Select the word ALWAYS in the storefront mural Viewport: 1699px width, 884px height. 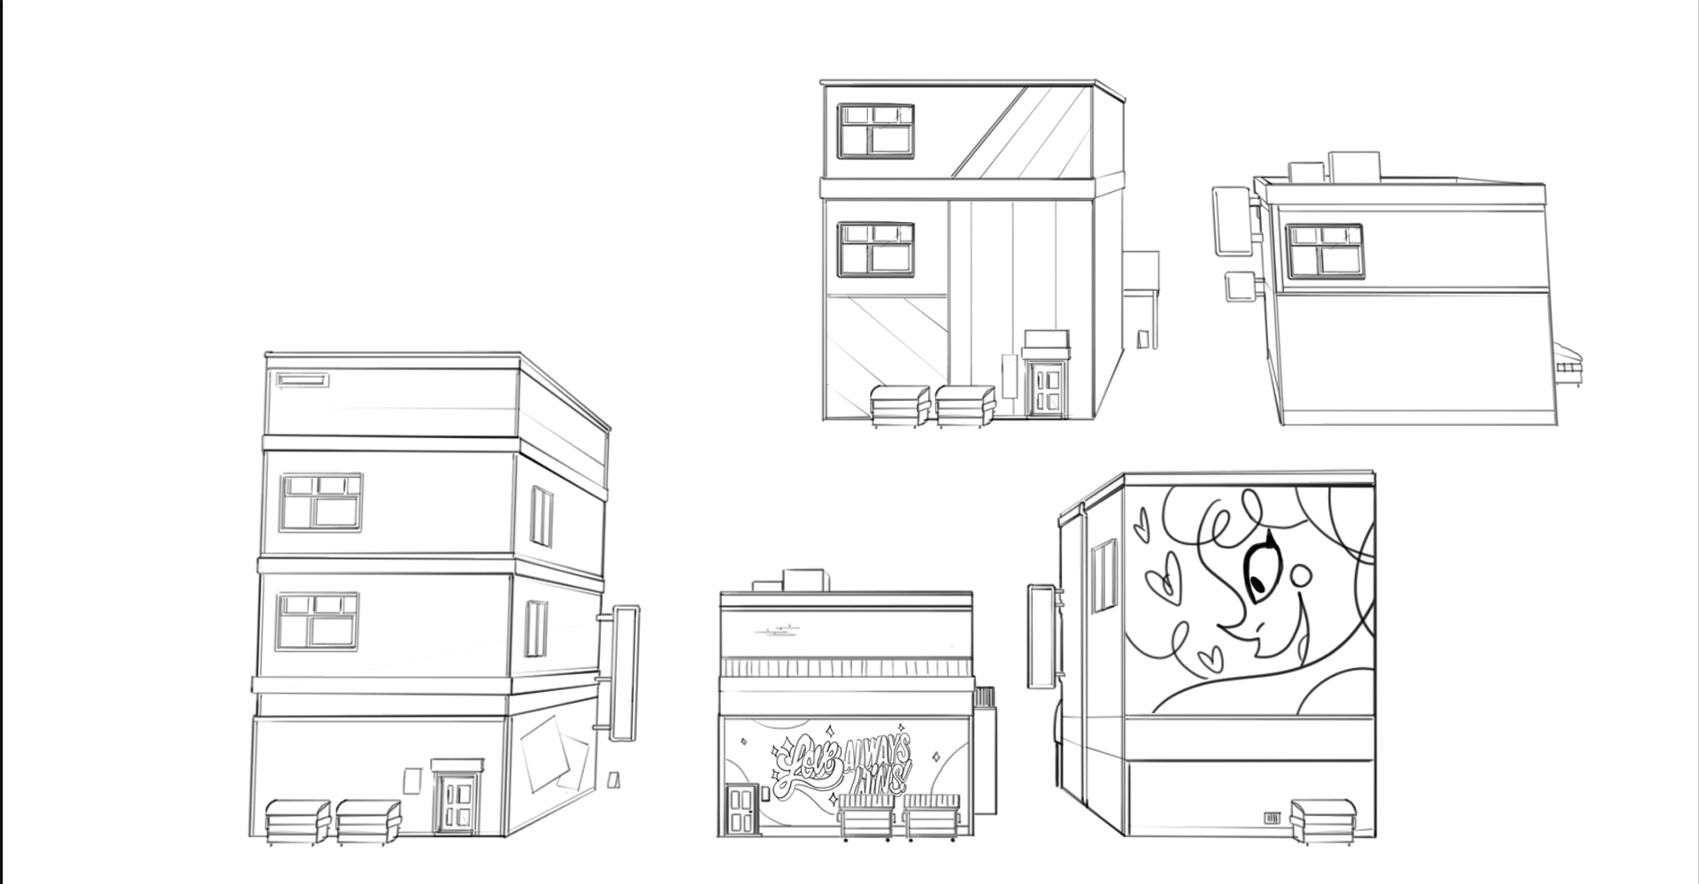pos(878,753)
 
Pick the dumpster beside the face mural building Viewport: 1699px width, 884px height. pos(1321,819)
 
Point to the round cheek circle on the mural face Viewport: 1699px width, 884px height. pos(1302,577)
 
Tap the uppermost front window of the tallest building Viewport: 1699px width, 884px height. pos(321,502)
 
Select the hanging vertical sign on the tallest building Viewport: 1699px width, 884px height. pos(625,673)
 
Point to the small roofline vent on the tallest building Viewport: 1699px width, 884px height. pos(303,381)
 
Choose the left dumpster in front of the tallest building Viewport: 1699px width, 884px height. pos(298,822)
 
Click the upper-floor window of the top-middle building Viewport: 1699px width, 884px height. pos(876,131)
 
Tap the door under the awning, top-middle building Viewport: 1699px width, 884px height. pos(1048,391)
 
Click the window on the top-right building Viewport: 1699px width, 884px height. pos(1324,250)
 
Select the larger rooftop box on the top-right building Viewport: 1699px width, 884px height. pos(1355,165)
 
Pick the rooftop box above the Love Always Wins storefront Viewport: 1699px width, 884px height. pos(806,580)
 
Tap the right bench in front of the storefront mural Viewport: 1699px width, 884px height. pos(931,815)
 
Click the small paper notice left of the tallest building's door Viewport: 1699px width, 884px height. pos(411,780)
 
